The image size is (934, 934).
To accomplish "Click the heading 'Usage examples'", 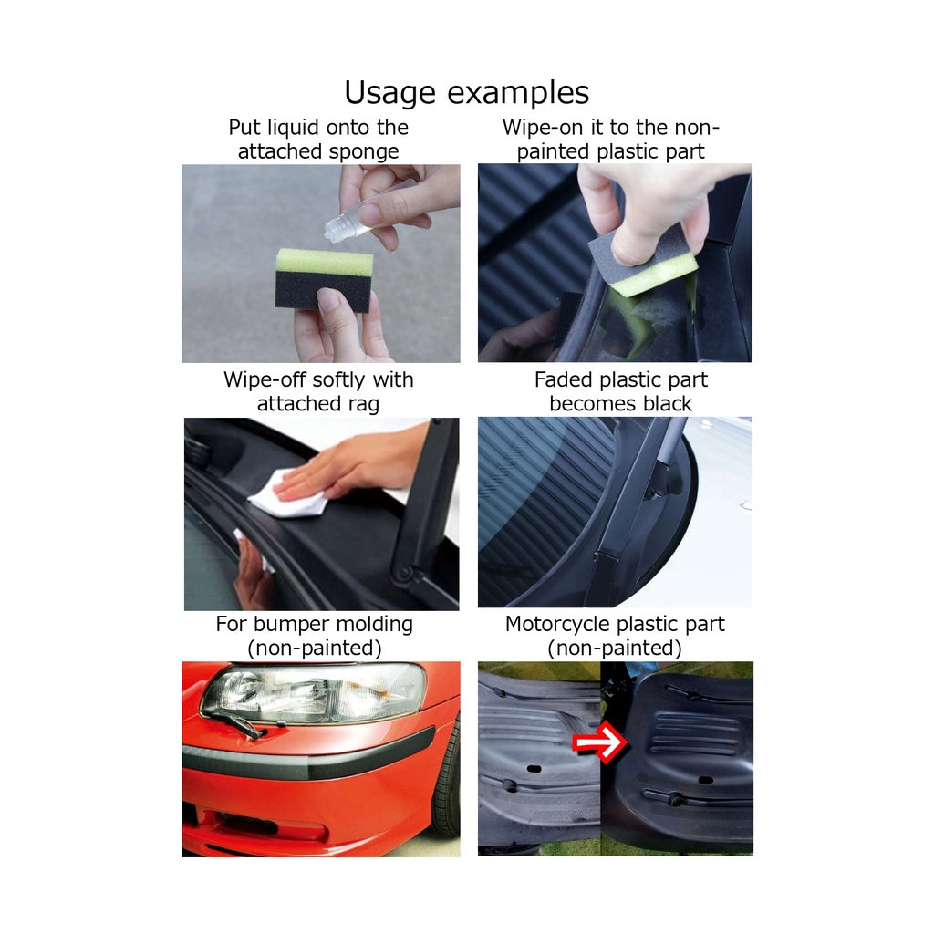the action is (x=466, y=94).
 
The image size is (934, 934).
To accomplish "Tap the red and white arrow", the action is (x=600, y=742).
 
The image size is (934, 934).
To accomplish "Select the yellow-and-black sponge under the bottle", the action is (x=324, y=280).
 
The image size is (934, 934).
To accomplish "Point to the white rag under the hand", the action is (x=289, y=493).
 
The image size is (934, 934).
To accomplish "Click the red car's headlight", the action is (x=315, y=693).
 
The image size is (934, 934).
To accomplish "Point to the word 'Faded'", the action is (x=564, y=379).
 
